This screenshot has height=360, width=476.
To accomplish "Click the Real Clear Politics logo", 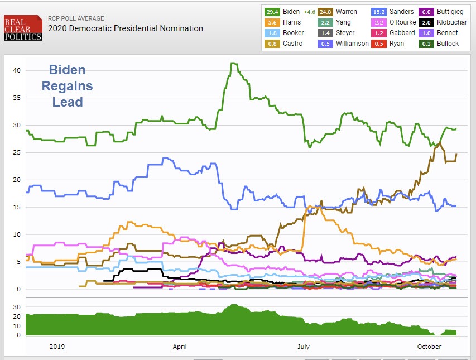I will click(23, 28).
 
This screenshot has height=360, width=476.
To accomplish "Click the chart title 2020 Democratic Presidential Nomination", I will click(126, 28).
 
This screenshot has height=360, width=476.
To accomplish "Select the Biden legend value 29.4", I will click(272, 12).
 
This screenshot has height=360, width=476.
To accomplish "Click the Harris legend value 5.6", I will click(272, 22).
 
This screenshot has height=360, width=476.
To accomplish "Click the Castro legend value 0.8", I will click(272, 44).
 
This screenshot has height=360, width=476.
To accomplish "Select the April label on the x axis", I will click(180, 347).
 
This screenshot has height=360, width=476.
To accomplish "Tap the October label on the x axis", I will click(429, 347).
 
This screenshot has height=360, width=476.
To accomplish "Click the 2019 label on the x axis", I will click(57, 347).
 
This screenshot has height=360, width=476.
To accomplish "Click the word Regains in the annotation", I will click(68, 87).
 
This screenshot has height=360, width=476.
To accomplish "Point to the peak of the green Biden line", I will click(233, 63).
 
